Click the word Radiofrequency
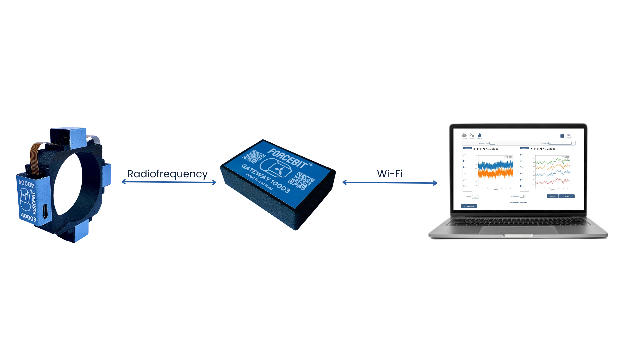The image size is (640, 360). point(167,174)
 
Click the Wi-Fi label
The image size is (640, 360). point(390,174)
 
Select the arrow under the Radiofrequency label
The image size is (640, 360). point(169,182)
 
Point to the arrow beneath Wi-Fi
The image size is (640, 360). point(390,183)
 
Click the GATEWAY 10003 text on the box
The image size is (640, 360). point(266,179)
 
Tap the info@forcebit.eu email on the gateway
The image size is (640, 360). point(259,182)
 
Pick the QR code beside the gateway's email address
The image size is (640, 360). point(301,181)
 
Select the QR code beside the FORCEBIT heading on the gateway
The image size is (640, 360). point(254,156)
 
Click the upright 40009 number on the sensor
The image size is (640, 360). point(28,217)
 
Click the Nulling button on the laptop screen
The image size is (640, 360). point(552,196)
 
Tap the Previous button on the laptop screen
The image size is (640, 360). point(469,206)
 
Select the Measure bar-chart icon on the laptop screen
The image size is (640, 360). point(479,135)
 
